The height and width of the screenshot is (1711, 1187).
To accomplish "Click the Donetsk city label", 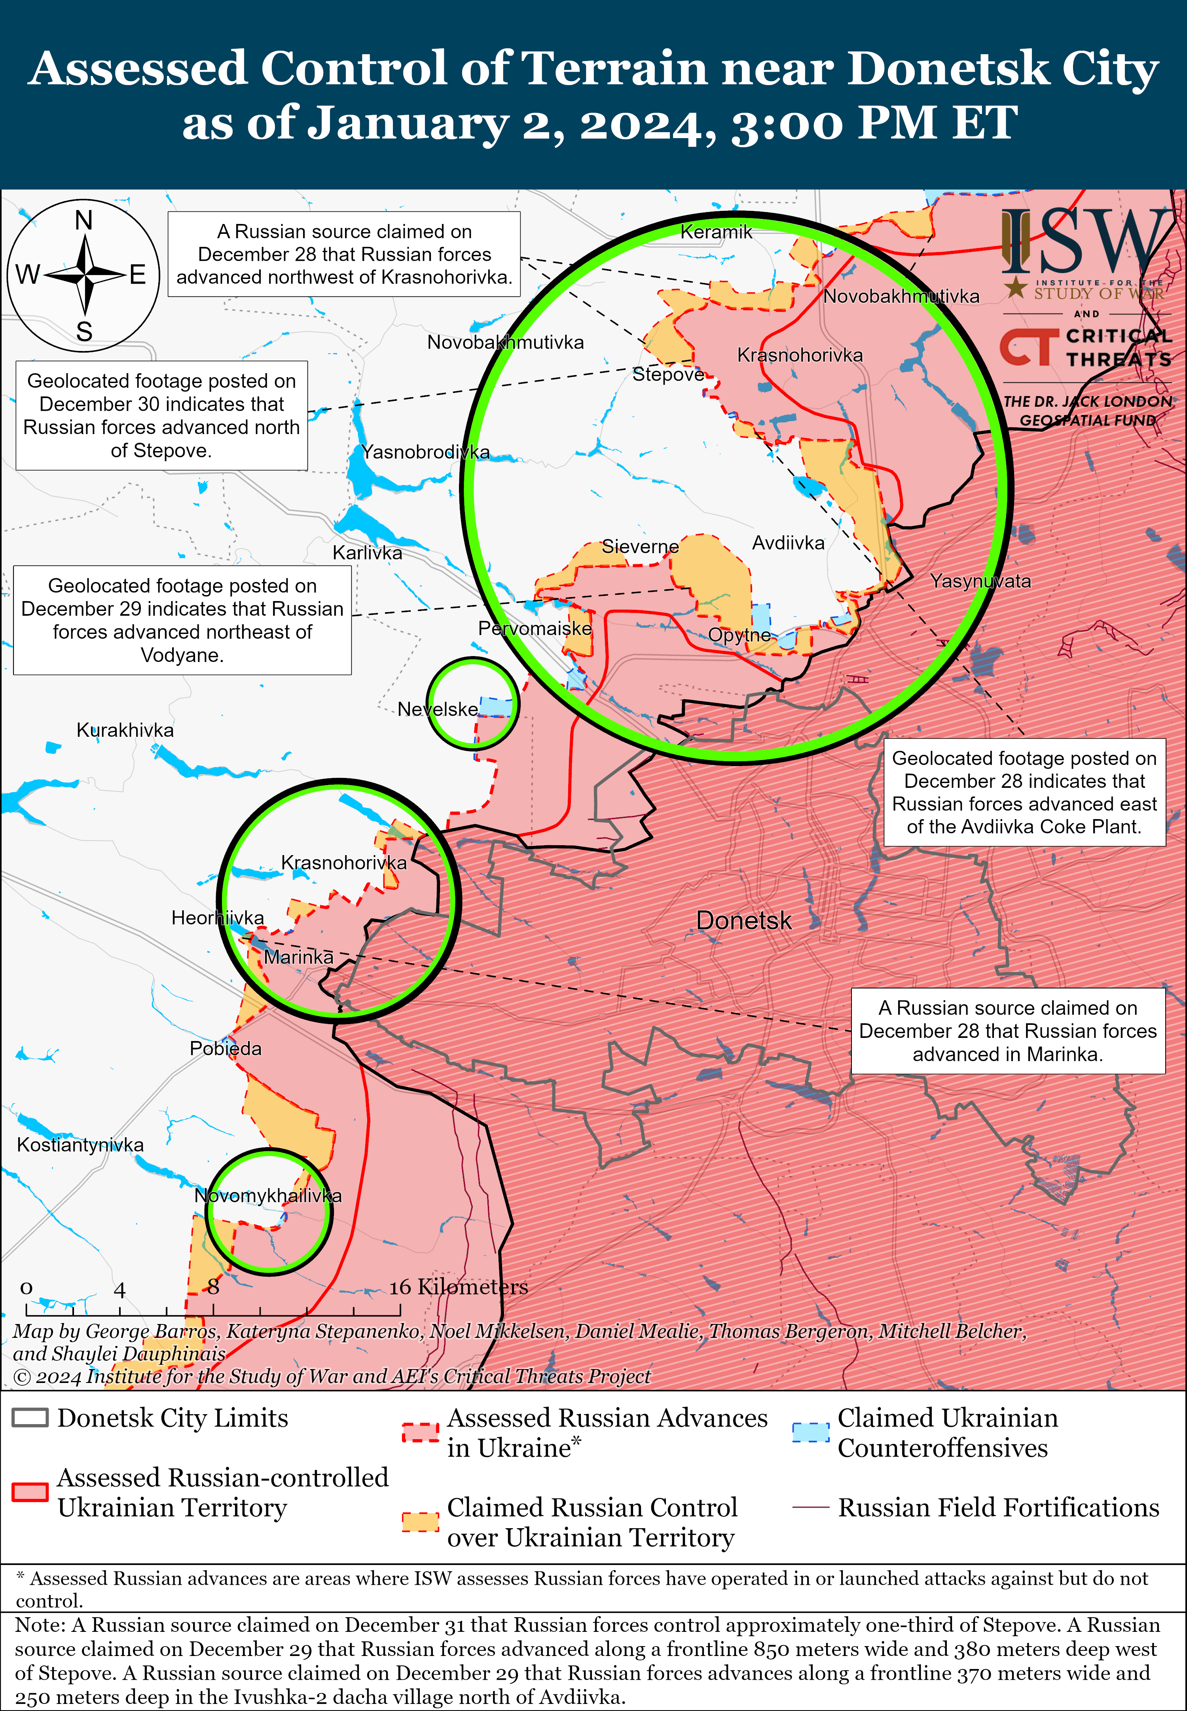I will click(744, 920).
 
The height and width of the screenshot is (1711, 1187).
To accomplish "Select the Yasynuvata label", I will click(980, 581).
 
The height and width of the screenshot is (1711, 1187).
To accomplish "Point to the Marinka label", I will click(298, 957).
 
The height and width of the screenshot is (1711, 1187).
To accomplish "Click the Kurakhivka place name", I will click(125, 730).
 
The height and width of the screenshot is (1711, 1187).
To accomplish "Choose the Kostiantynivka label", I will click(80, 1144).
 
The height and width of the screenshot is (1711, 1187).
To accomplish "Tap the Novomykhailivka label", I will click(268, 1196).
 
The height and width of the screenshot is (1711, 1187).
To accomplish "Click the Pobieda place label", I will click(226, 1049).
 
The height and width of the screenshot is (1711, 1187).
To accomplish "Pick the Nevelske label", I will click(437, 709).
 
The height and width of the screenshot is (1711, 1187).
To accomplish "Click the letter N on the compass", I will click(84, 221).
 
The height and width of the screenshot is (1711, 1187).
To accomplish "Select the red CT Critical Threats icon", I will click(1029, 348).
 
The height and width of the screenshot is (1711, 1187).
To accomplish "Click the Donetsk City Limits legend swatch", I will click(30, 1417).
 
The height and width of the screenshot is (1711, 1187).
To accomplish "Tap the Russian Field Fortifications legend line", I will click(810, 1507).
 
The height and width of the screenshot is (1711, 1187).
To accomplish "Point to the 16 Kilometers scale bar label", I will click(458, 1287).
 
